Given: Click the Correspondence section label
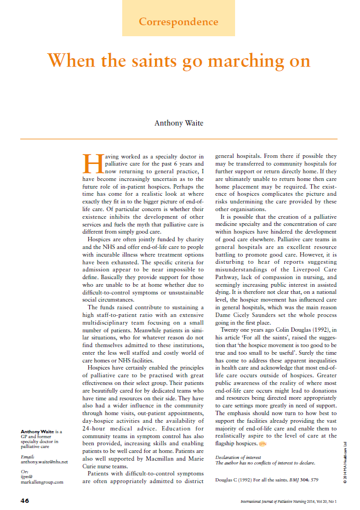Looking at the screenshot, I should point(178,22).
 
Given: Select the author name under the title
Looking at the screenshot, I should point(179,123).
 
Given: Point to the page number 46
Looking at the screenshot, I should point(26,501).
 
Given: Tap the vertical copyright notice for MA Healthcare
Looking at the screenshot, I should point(346,461).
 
